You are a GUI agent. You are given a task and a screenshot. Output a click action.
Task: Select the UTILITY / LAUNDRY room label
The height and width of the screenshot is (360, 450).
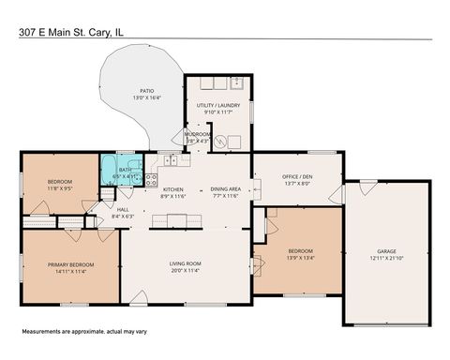[x=217, y=107]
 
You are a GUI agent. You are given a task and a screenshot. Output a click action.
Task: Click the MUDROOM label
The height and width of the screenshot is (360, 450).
[x=198, y=134]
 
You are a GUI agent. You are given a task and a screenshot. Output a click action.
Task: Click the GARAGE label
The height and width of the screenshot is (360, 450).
[x=386, y=252]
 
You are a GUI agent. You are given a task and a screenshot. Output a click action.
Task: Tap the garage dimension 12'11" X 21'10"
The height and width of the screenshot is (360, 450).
[x=386, y=259]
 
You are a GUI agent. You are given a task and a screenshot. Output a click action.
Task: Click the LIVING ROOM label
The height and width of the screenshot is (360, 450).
[x=187, y=265]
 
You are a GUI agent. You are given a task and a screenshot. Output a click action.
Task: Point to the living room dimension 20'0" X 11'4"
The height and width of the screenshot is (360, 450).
[x=187, y=272]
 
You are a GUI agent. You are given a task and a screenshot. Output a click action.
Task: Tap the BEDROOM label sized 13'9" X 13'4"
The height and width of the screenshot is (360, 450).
[x=300, y=251]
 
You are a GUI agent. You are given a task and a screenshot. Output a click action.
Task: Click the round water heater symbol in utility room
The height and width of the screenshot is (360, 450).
[x=221, y=142]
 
